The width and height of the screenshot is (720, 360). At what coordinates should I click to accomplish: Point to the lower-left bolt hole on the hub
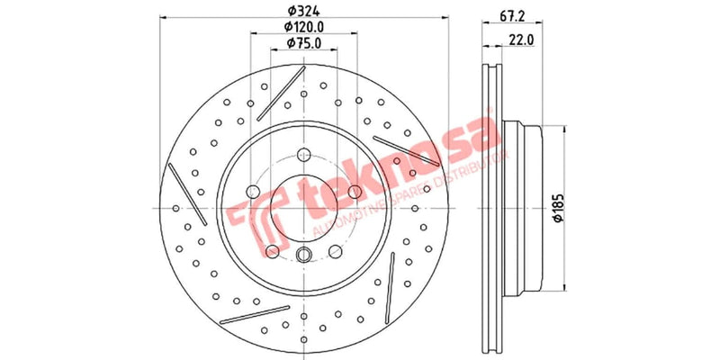[x=272, y=251]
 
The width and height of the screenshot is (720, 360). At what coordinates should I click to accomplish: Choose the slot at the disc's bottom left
[x=239, y=318]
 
